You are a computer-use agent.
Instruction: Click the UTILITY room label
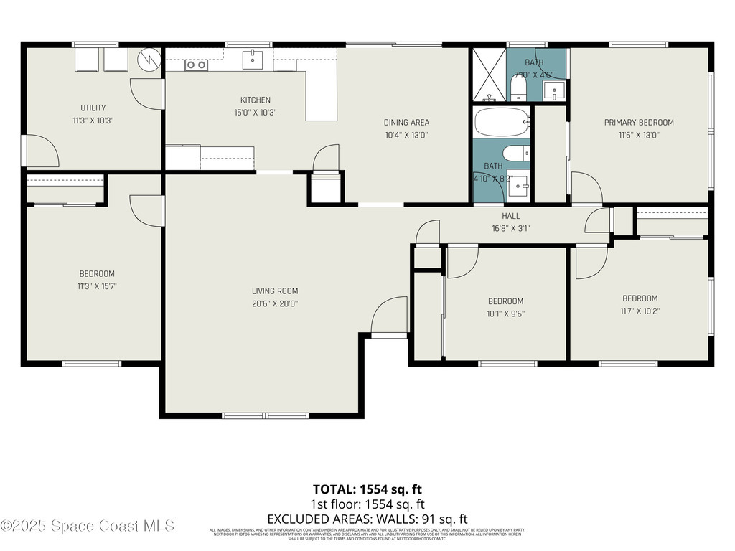tap(93, 108)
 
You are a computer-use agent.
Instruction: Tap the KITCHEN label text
tap(255, 100)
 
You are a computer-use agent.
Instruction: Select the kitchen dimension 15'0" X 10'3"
tap(255, 113)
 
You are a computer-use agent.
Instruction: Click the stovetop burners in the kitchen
tap(196, 65)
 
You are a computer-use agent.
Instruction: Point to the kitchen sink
tap(253, 60)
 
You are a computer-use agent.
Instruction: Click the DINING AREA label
tap(406, 122)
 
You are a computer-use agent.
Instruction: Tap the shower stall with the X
tap(489, 75)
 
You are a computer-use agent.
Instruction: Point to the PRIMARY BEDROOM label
tap(639, 122)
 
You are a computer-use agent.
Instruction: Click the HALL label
tap(511, 216)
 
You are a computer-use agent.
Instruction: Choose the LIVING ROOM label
tap(275, 291)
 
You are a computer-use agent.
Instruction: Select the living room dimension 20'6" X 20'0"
tap(275, 303)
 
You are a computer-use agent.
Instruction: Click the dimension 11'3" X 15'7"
tap(96, 286)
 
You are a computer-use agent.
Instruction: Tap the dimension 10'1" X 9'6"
tap(506, 314)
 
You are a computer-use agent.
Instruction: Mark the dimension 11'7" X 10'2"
tap(640, 311)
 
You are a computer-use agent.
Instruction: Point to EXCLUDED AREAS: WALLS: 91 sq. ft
tap(367, 519)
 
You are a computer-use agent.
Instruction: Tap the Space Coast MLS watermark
tap(88, 526)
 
